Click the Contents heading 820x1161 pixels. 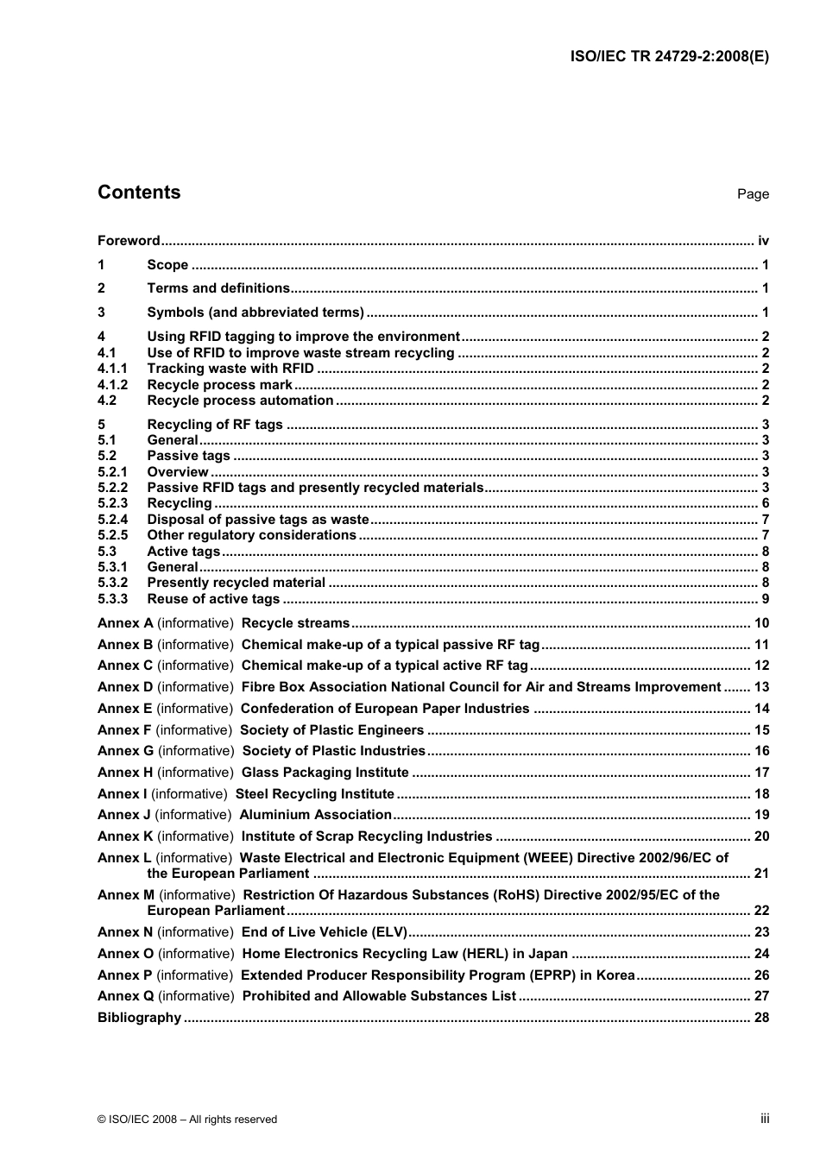[139, 192]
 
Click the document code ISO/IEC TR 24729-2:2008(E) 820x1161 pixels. [669, 57]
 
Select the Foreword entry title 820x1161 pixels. [129, 241]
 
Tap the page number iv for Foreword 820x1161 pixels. [763, 241]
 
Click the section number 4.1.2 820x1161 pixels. [112, 385]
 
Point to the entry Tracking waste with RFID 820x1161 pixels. [230, 369]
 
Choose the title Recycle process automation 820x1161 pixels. [240, 401]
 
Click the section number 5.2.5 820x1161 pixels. [112, 535]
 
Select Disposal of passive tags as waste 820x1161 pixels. [258, 520]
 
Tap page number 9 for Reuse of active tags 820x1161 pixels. [765, 599]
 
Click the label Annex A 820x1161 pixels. [125, 623]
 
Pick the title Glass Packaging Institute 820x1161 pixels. [325, 773]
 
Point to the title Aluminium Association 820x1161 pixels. [315, 815]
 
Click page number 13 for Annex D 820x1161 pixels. [761, 687]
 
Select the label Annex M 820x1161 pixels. [126, 895]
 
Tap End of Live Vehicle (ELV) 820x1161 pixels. [324, 932]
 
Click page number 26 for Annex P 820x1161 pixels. [761, 975]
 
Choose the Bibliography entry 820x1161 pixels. [139, 1018]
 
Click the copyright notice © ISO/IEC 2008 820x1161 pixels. [187, 1120]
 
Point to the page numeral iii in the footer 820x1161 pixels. [765, 1119]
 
